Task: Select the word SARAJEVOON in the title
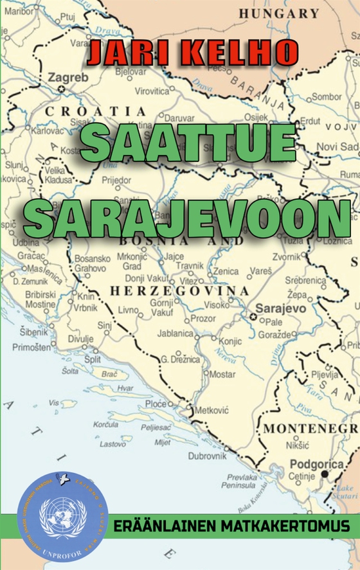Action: [187, 218]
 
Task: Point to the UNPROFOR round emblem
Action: [62, 516]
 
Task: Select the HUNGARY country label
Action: [278, 13]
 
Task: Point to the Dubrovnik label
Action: [207, 455]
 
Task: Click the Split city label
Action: [93, 359]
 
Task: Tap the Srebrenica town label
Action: [307, 281]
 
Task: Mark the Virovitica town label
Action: [152, 91]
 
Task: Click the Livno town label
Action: [129, 310]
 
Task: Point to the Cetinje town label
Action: [301, 476]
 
